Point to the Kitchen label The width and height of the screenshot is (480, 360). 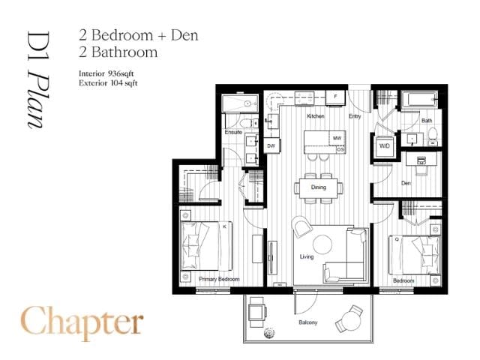(x=316, y=117)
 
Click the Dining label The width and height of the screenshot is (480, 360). (x=319, y=187)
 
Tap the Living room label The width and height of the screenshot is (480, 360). (x=306, y=256)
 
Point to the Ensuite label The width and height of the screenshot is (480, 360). (x=234, y=133)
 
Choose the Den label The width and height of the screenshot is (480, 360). (x=406, y=181)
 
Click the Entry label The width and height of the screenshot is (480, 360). (x=355, y=117)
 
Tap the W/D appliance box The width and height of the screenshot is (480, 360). (x=385, y=145)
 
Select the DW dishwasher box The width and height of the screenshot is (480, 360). (x=271, y=145)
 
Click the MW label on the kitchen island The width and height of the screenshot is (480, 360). (x=337, y=139)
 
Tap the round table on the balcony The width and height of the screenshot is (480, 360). (x=352, y=316)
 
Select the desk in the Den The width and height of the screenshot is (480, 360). (x=421, y=160)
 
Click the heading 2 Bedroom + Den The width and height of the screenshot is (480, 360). (x=138, y=34)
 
